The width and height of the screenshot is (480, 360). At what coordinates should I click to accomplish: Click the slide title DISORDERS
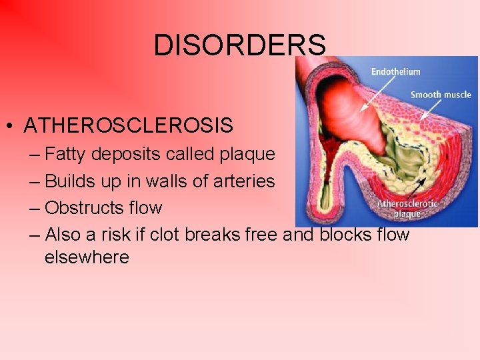point(240,45)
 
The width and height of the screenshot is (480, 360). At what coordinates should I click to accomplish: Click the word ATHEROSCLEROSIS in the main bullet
point(128,125)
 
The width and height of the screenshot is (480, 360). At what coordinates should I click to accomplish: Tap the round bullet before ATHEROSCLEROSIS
point(11,126)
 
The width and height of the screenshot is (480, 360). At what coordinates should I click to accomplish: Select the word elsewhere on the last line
point(87,257)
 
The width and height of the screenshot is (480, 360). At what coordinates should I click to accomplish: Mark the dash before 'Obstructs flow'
point(35,209)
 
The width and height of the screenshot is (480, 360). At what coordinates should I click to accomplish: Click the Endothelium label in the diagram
point(395,72)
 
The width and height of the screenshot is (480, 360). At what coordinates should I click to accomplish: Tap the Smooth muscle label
point(441,95)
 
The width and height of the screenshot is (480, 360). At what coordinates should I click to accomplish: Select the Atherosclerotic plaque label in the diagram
point(407,208)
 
